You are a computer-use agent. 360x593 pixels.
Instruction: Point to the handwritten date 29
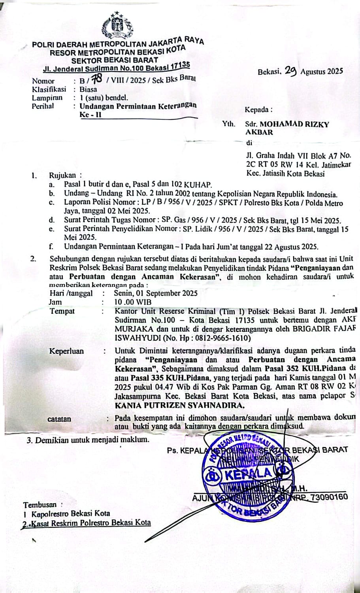290,70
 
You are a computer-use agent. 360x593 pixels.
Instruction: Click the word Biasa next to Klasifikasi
88,89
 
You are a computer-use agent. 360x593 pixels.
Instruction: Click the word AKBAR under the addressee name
259,132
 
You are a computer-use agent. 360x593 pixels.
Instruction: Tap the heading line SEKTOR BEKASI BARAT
115,60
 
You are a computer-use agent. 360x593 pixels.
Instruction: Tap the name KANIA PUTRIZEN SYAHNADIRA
179,405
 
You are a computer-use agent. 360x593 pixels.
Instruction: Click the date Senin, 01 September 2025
155,293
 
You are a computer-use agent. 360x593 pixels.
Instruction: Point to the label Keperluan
66,351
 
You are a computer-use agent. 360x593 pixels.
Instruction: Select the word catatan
59,419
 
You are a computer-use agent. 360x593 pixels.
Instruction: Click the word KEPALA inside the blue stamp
249,473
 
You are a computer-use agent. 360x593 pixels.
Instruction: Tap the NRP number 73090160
329,497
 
